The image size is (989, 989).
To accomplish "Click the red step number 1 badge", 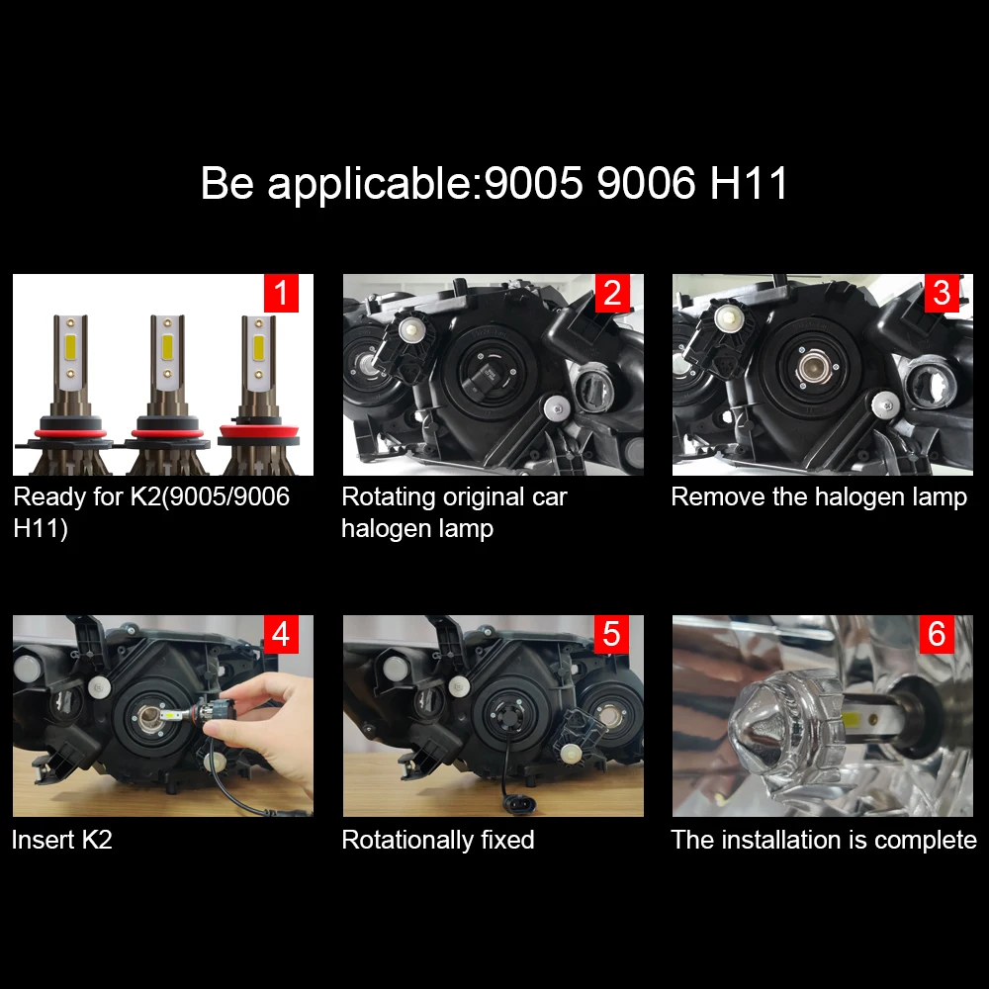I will click(x=281, y=294).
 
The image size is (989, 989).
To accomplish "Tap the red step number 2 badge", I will click(x=611, y=294).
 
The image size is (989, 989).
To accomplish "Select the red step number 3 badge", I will click(x=941, y=294).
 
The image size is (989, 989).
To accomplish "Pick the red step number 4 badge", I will click(x=281, y=635).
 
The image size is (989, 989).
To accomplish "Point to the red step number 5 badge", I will click(x=611, y=635).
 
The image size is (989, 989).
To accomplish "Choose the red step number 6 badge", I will click(x=937, y=635).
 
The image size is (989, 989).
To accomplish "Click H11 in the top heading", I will click(x=750, y=184).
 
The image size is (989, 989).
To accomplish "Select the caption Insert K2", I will click(x=61, y=840).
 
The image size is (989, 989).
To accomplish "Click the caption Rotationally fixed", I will click(x=437, y=840).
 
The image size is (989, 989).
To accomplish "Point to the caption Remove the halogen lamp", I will click(x=818, y=496).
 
